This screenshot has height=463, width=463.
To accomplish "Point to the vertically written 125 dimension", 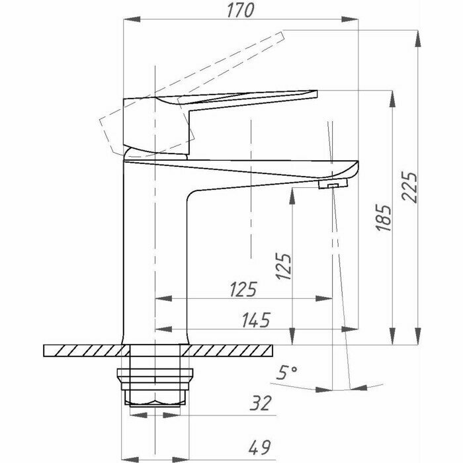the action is click(283, 267).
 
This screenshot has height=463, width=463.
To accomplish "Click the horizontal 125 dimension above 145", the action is click(242, 290).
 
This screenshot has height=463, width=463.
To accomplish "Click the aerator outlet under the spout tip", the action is click(330, 187).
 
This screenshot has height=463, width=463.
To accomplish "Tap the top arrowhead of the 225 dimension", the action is click(418, 34).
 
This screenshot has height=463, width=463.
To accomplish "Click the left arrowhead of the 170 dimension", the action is click(127, 21).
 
